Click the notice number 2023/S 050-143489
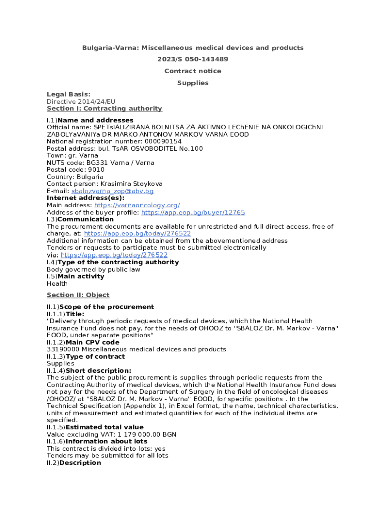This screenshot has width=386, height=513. (x=192, y=59)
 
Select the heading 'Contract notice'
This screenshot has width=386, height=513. (x=192, y=71)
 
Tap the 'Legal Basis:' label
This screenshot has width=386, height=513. (x=69, y=94)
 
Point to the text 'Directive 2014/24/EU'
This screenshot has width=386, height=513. (x=77, y=101)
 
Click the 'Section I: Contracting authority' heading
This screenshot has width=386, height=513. (x=104, y=108)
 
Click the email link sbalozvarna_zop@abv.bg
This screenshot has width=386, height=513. (x=112, y=191)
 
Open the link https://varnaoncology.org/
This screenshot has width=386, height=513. (x=137, y=205)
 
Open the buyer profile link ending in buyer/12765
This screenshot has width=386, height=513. (x=193, y=212)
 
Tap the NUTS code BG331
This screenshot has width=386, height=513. (x=96, y=163)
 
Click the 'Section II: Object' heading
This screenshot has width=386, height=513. (x=78, y=295)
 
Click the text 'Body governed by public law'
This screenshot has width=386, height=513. (x=93, y=269)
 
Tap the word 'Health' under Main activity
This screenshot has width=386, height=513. (x=57, y=283)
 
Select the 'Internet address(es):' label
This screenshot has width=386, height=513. (x=86, y=198)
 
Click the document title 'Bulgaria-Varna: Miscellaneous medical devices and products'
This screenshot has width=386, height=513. (x=193, y=48)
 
